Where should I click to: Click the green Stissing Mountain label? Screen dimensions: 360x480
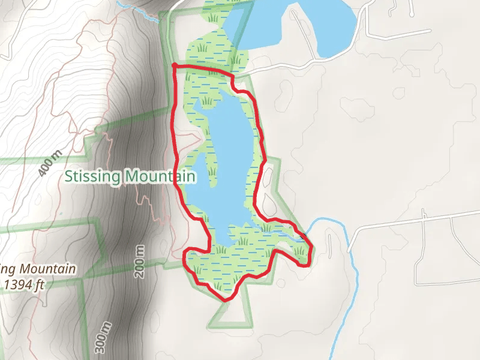pyautogui.click(x=130, y=176)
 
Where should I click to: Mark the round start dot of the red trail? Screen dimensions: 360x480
pyautogui.click(x=174, y=65)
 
